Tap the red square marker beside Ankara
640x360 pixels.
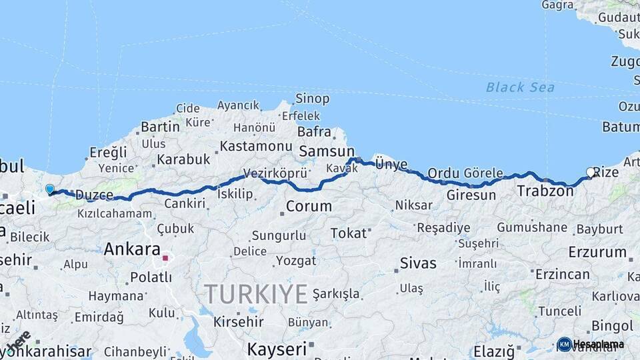pyautogui.click(x=165, y=256)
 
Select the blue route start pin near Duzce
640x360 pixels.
pyautogui.click(x=50, y=189)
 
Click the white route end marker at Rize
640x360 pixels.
pyautogui.click(x=590, y=172)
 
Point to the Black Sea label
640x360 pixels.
pyautogui.click(x=520, y=87)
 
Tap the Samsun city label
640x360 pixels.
pyautogui.click(x=327, y=151)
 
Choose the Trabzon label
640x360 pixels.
pyautogui.click(x=545, y=191)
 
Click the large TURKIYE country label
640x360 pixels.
pyautogui.click(x=256, y=293)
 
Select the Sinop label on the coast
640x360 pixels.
pyautogui.click(x=313, y=99)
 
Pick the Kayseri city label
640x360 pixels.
pyautogui.click(x=277, y=349)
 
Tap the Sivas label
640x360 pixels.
pyautogui.click(x=418, y=263)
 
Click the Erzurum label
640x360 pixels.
pyautogui.click(x=597, y=252)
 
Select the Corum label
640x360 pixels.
pyautogui.click(x=309, y=206)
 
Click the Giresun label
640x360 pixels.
pyautogui.click(x=471, y=195)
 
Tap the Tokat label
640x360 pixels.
pyautogui.click(x=349, y=233)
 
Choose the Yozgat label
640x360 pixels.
pyautogui.click(x=295, y=260)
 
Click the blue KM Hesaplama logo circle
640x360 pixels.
pyautogui.click(x=565, y=344)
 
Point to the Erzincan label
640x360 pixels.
pyautogui.click(x=562, y=274)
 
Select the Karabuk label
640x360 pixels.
pyautogui.click(x=183, y=160)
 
